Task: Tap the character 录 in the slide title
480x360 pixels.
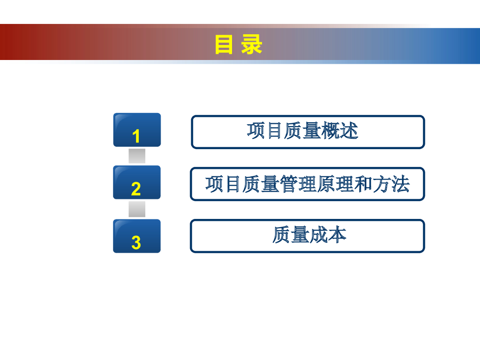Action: point(252,45)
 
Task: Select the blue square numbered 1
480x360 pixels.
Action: point(137,130)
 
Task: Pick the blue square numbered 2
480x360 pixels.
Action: point(137,182)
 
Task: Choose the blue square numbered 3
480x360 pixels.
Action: point(137,236)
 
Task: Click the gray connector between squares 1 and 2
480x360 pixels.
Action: point(137,156)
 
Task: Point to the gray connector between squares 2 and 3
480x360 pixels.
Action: point(137,209)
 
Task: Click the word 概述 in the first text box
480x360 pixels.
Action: point(340,131)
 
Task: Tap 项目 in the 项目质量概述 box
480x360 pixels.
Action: point(265,131)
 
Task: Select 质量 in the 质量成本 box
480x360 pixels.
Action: point(291,235)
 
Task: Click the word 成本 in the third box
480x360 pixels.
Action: point(328,235)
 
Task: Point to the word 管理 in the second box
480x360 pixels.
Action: point(298,184)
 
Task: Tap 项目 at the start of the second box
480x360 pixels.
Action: point(223,184)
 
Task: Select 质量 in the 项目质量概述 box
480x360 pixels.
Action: point(302,131)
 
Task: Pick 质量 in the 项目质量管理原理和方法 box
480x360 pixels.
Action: point(261,184)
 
